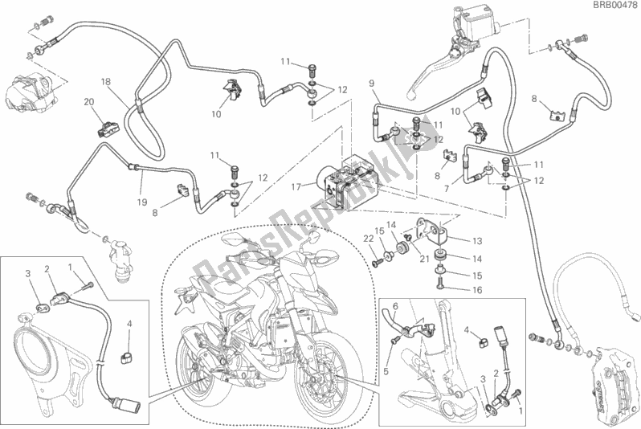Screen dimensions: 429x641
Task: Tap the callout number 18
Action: pyautogui.click(x=105, y=82)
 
